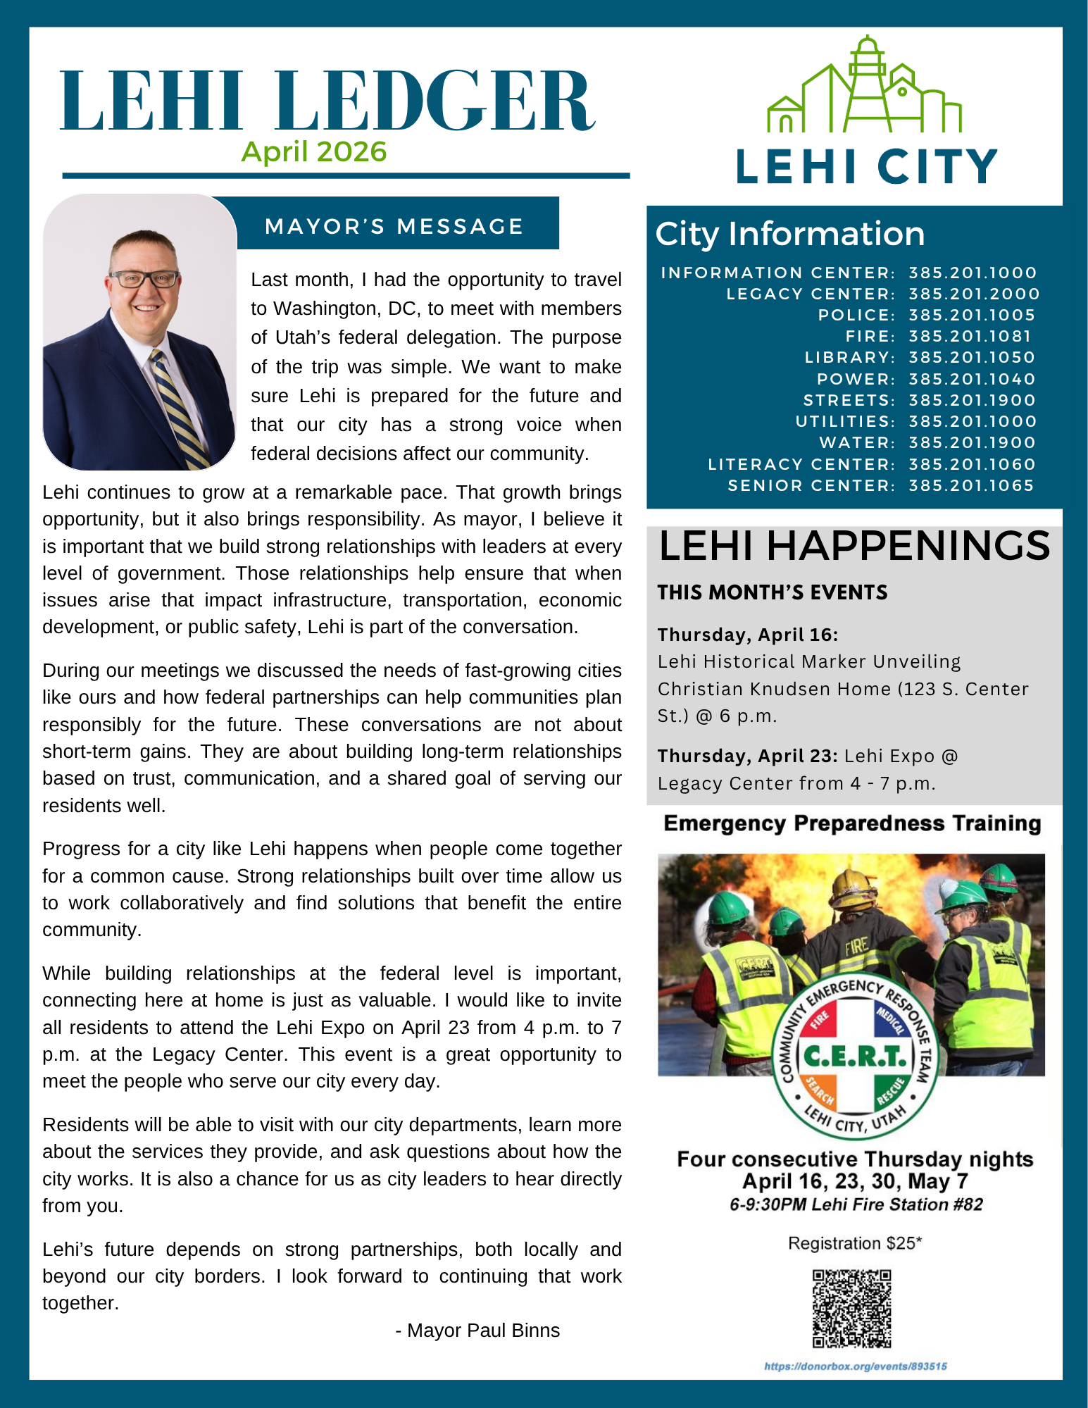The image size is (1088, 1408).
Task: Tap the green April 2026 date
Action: pos(314,152)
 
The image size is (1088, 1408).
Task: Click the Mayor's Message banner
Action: pos(394,226)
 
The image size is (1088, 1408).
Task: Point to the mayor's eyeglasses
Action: pos(144,279)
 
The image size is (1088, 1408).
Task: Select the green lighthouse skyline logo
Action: pos(864,88)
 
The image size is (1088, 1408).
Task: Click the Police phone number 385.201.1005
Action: pos(972,316)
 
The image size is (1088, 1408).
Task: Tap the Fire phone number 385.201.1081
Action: pos(970,337)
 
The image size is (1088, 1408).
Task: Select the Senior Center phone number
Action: pos(971,485)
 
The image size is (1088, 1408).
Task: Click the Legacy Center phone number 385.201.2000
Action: pos(974,294)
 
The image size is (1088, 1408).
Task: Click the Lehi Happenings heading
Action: pos(854,546)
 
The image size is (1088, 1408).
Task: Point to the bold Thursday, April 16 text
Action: pos(748,635)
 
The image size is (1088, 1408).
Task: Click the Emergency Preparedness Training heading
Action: pos(852,823)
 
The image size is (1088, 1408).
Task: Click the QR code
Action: pos(852,1308)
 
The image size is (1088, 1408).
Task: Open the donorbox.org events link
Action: pos(856,1366)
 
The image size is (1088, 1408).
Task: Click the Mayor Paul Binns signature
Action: pos(477,1331)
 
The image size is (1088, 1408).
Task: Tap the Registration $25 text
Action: pos(855,1243)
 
